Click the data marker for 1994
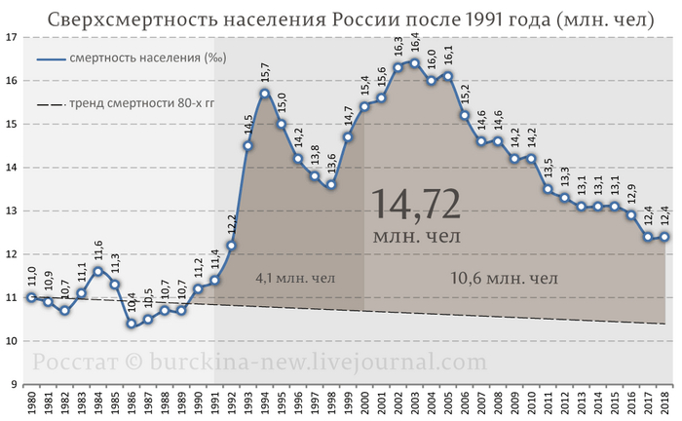265,94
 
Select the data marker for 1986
131,324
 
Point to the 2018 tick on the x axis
665,402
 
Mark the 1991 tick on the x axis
214,402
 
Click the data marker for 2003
415,63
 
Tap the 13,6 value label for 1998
331,162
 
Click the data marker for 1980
31,297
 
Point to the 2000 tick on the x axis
364,402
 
